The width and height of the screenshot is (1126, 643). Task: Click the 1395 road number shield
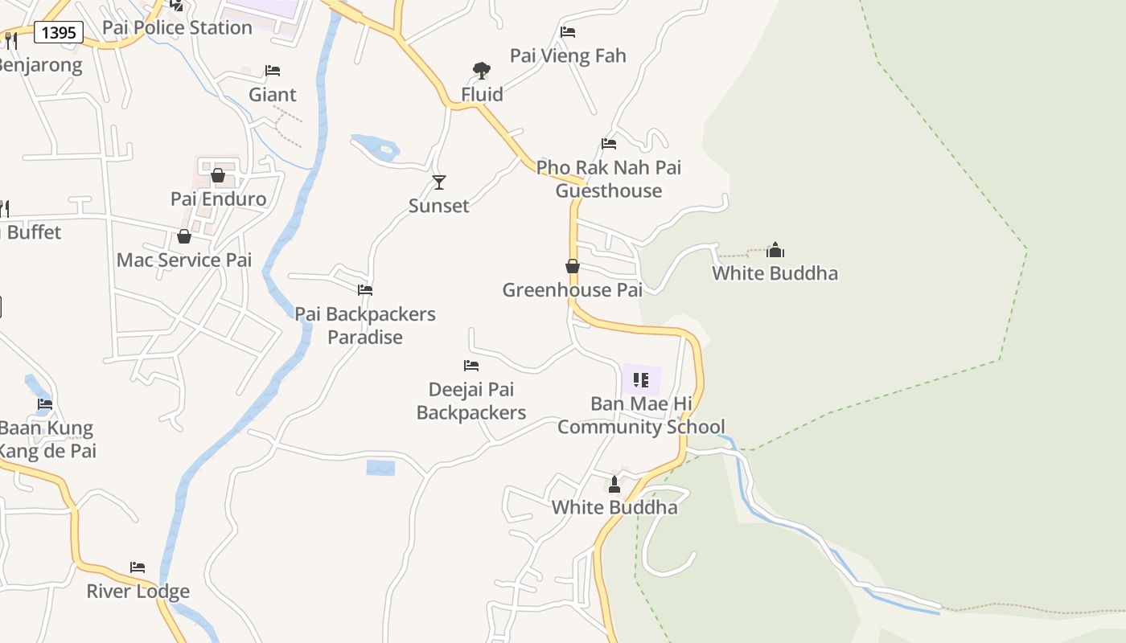click(x=59, y=32)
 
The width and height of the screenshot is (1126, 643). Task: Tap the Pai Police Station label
click(x=177, y=27)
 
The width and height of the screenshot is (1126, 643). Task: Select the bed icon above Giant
click(x=273, y=71)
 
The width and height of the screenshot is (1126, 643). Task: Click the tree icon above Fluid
click(x=482, y=71)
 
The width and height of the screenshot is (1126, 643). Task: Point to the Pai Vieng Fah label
click(x=568, y=55)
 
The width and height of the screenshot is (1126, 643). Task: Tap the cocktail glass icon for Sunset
click(x=439, y=182)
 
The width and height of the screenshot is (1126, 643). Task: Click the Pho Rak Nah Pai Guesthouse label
click(x=609, y=179)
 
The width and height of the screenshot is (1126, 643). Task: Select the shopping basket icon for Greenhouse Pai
click(x=573, y=266)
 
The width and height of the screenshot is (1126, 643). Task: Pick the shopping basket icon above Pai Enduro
click(x=218, y=175)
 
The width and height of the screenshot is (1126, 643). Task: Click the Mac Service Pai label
click(x=184, y=260)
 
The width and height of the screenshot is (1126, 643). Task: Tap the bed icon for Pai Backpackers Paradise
click(x=365, y=290)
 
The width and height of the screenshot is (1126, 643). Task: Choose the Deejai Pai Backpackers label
click(x=471, y=401)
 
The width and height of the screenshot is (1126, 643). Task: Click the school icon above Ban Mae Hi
click(x=641, y=380)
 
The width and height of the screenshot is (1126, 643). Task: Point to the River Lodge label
click(x=138, y=592)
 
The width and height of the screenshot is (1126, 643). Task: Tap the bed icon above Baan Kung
click(x=45, y=404)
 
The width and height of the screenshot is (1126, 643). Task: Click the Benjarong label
click(x=40, y=65)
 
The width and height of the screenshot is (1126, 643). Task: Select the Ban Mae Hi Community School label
click(x=641, y=415)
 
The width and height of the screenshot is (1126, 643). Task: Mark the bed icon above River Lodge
click(x=138, y=567)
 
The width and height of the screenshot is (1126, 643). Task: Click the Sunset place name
click(x=439, y=206)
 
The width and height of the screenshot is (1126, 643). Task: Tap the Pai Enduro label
click(x=218, y=199)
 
